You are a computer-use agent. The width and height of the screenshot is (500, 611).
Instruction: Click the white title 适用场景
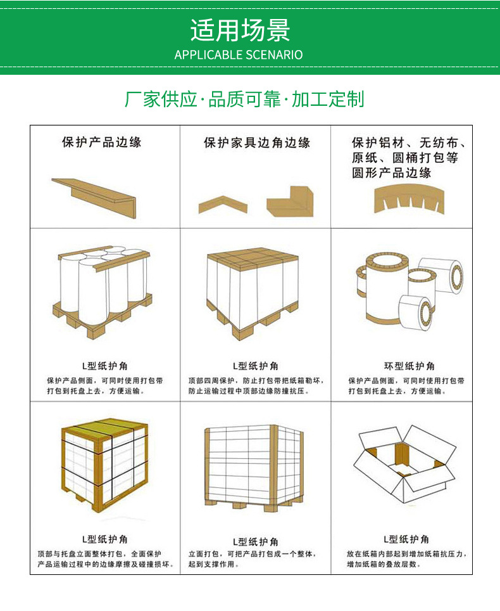coord(240,30)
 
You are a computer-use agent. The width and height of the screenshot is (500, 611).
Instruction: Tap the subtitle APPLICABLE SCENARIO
coord(239,55)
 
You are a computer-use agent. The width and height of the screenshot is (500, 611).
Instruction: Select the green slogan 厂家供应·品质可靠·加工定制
coord(244,100)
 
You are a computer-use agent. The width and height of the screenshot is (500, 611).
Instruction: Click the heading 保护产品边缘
coord(101,142)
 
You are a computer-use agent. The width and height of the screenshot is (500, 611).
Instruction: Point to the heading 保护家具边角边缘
coord(256,143)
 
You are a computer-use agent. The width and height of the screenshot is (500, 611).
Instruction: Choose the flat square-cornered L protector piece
coord(290,202)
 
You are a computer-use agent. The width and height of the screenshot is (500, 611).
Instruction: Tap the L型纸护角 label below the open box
coord(406,539)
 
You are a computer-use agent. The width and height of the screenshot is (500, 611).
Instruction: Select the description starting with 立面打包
coord(251,558)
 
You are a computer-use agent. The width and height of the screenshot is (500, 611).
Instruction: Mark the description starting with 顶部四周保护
coord(256,386)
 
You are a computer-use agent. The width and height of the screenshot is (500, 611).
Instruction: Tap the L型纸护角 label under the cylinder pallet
coord(104,366)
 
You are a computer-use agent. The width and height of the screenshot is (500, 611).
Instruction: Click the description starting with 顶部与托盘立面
coord(104,558)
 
